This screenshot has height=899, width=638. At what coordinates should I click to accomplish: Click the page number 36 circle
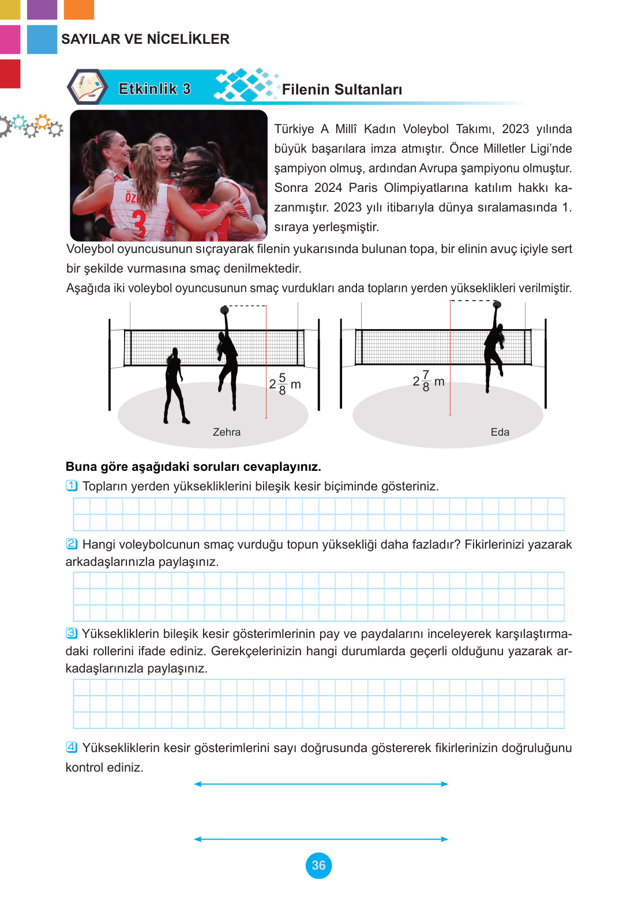318,866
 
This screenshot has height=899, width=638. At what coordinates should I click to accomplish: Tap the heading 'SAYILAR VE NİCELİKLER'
145,39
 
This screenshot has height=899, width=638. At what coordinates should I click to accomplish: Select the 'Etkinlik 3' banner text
155,89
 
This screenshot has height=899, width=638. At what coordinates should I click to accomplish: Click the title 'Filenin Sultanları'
342,89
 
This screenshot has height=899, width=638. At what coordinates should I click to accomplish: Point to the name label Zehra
227,432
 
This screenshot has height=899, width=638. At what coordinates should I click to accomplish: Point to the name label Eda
500,432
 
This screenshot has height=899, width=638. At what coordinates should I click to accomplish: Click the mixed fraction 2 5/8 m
285,384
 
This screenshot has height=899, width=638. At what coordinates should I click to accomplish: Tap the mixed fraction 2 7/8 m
428,381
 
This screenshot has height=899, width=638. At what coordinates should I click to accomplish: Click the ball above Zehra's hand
224,310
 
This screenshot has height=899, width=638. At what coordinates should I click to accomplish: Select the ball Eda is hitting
497,305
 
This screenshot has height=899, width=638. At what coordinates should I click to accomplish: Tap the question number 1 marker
72,486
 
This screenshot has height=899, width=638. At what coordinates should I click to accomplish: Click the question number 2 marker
72,544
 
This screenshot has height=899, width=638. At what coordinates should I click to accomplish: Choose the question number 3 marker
72,633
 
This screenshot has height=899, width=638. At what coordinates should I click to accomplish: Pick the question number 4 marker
72,747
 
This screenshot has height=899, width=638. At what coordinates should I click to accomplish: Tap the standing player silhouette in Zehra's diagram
175,386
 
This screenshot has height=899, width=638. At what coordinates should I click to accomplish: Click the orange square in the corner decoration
79,10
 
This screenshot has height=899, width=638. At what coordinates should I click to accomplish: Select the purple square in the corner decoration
42,10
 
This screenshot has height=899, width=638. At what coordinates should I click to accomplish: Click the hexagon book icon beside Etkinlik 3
87,86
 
